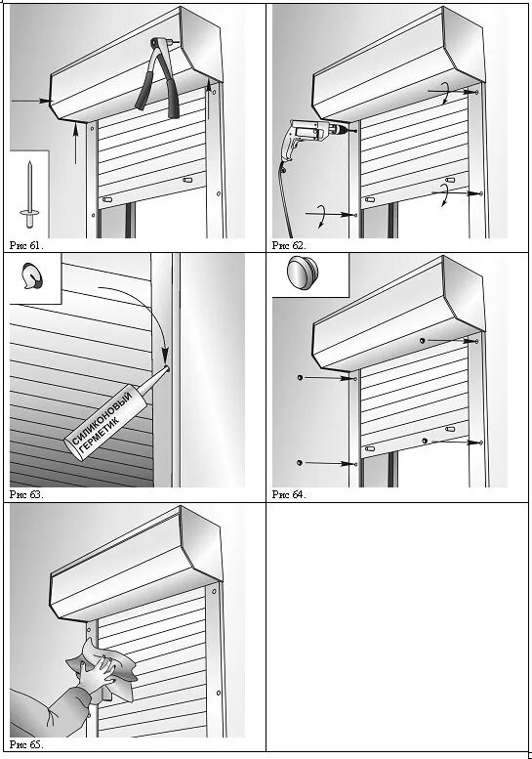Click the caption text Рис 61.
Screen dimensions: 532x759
coord(26,245)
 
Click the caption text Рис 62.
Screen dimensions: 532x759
coord(289,245)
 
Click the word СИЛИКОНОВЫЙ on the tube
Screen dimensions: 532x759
coord(102,417)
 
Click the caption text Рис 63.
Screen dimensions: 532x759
coord(26,494)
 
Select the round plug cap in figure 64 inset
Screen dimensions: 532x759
coord(303,274)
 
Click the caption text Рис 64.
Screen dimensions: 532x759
coord(289,494)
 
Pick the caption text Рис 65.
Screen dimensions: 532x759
coord(26,744)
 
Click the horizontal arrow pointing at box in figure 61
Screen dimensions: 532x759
coord(31,101)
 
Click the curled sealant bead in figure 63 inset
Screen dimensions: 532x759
coord(32,276)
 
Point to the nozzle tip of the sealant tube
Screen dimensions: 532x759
coord(167,367)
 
